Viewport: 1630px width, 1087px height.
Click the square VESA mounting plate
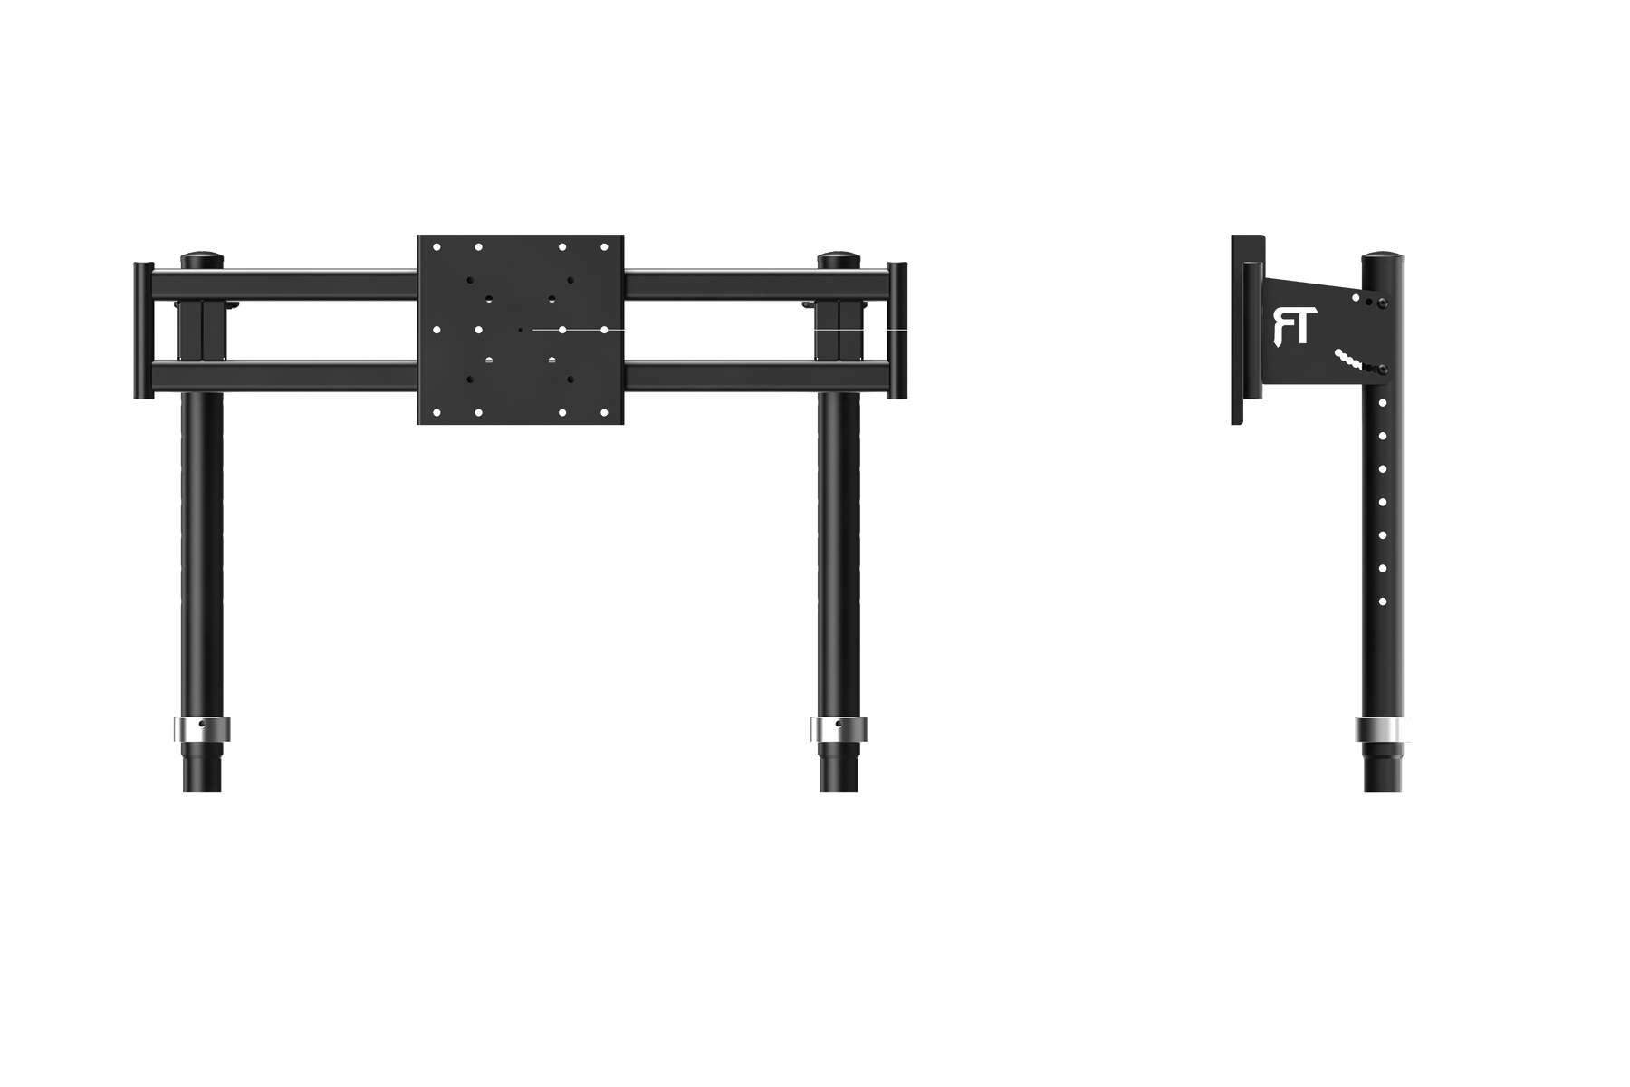521,330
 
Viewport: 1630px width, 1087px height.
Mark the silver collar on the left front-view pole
203,730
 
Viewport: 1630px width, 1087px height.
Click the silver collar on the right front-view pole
837,730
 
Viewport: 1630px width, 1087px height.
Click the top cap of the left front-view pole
203,259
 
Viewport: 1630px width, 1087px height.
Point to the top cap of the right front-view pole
837,259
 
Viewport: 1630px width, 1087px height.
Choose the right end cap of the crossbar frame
897,330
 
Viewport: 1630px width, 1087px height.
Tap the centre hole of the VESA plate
520,330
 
